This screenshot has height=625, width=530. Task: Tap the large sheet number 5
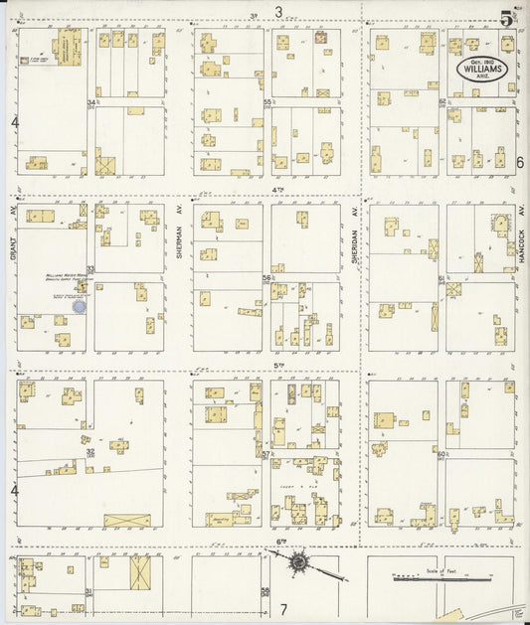click(x=507, y=18)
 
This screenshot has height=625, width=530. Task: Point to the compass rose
click(x=297, y=562)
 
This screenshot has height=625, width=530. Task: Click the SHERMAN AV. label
click(x=180, y=238)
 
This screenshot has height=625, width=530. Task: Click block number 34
click(x=90, y=102)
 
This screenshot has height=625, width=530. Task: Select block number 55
click(x=266, y=102)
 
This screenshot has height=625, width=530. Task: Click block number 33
click(x=90, y=269)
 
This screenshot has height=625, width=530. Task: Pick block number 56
click(x=266, y=278)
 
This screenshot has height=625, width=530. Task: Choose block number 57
click(x=266, y=454)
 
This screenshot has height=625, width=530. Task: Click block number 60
click(x=442, y=454)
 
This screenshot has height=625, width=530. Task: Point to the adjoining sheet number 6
click(x=519, y=162)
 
